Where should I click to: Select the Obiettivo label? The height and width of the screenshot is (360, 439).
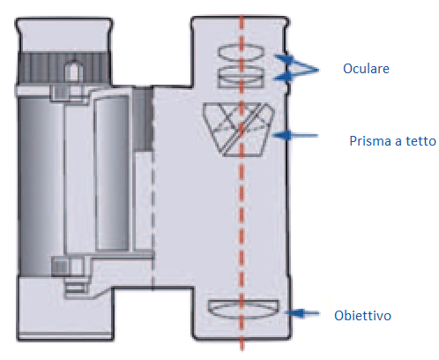coord(364,315)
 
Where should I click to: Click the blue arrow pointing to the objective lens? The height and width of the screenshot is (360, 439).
coord(303,312)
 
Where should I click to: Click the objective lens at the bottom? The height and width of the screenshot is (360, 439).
coord(243,309)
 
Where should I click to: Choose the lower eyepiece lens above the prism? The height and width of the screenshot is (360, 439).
coord(242,77)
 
